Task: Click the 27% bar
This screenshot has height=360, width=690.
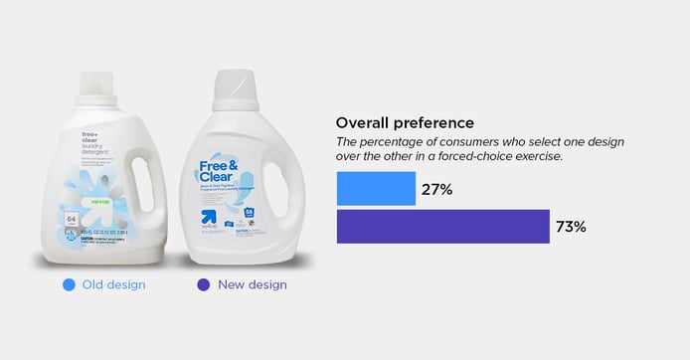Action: click(376, 189)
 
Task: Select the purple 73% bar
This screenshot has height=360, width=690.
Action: click(442, 227)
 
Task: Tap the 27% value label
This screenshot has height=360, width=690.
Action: click(438, 189)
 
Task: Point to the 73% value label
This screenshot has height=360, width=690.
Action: click(571, 227)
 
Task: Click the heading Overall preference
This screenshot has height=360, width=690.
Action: click(405, 123)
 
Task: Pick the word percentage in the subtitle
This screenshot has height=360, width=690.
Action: click(405, 142)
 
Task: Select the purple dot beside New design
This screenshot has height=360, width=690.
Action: click(204, 284)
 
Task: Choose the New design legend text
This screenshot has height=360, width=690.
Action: click(253, 284)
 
